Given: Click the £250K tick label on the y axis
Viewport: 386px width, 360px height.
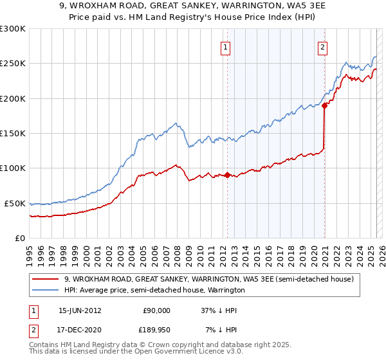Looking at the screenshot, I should [x=13, y=64].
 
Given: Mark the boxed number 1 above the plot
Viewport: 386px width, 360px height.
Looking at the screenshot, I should [x=226, y=46].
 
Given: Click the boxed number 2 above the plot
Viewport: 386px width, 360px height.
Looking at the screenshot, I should [x=322, y=46].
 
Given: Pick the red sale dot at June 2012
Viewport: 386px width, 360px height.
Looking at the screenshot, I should [x=227, y=175].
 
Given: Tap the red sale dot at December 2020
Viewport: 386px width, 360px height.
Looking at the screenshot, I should [x=324, y=106].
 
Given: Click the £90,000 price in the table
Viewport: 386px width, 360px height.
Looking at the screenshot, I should [x=156, y=310].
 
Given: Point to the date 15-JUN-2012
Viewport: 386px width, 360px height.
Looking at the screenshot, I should [x=80, y=310].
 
